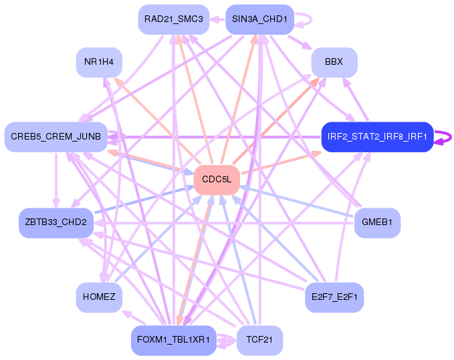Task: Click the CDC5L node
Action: click(217, 180)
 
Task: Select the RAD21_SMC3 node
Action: click(173, 19)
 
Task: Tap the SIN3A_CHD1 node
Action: click(259, 19)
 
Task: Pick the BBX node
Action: click(334, 62)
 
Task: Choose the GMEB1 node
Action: click(377, 222)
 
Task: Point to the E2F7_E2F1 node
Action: click(334, 297)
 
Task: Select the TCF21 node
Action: click(259, 340)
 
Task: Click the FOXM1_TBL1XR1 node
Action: click(173, 340)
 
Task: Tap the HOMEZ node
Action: click(99, 297)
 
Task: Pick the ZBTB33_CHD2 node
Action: click(55, 222)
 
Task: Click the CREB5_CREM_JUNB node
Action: click(56, 137)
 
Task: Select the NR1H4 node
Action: click(99, 62)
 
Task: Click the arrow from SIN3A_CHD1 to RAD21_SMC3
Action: click(217, 19)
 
